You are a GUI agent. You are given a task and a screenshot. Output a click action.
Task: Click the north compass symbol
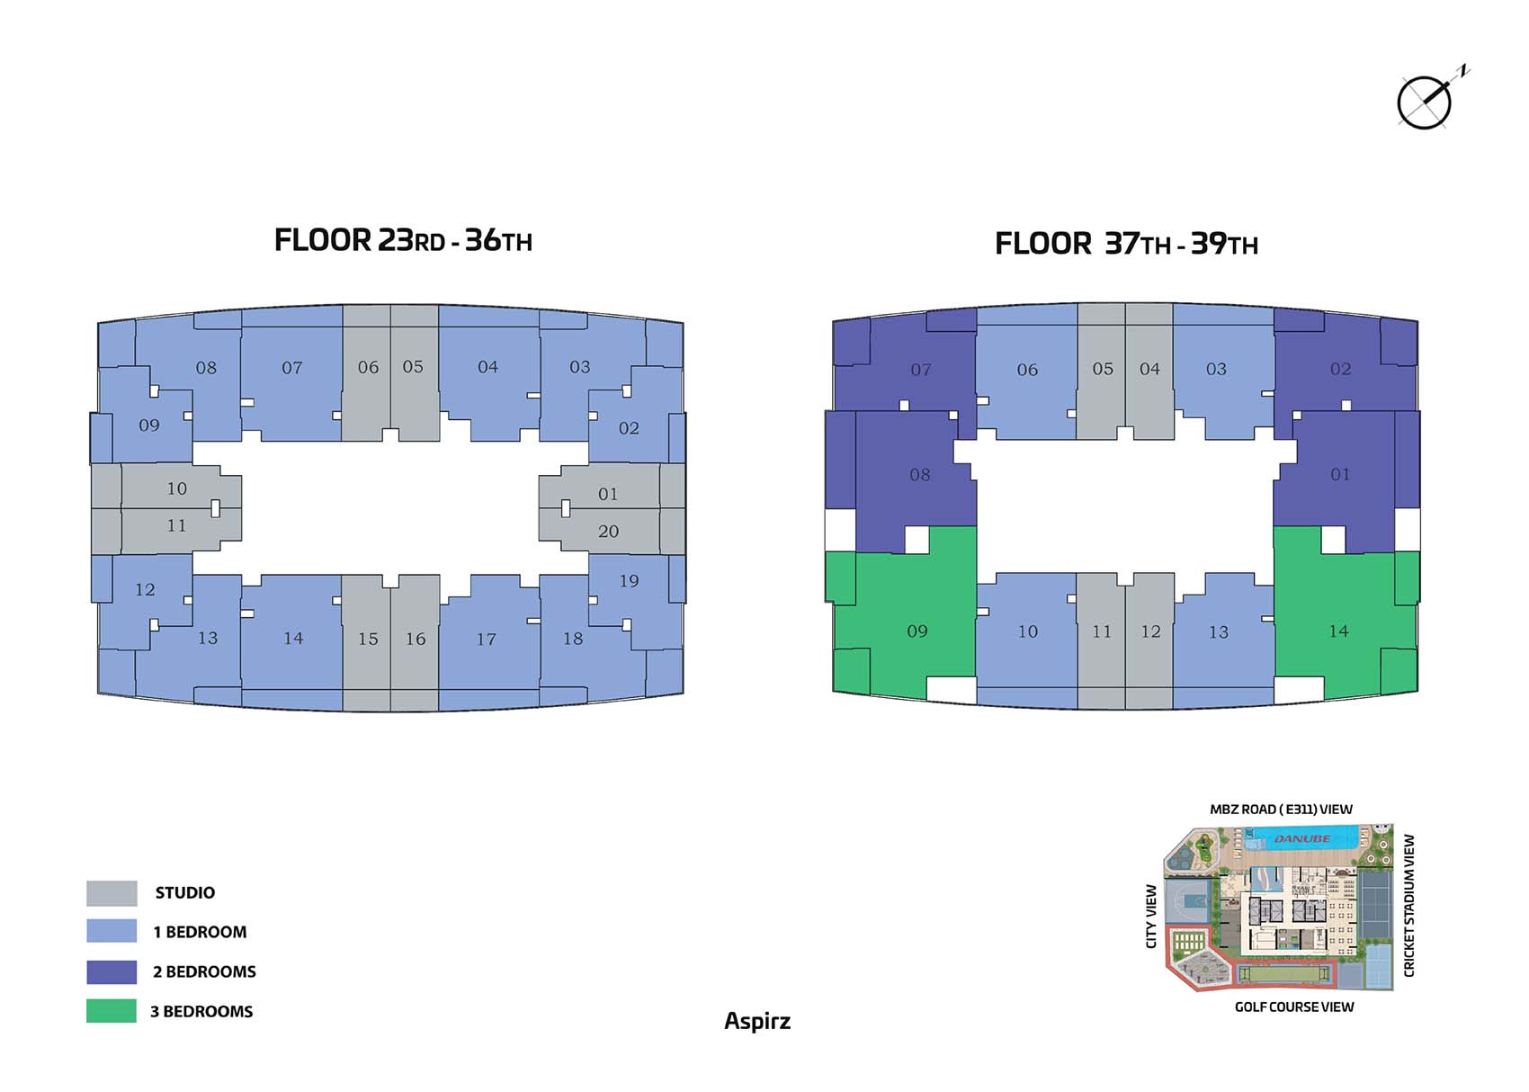click(x=1426, y=102)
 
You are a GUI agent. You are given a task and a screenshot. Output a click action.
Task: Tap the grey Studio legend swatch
click(x=112, y=893)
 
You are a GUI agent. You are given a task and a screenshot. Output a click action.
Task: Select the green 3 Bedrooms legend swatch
click(x=112, y=1011)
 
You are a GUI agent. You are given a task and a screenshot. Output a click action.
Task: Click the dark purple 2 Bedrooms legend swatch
click(x=112, y=971)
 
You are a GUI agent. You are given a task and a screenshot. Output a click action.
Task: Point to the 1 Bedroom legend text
click(x=200, y=932)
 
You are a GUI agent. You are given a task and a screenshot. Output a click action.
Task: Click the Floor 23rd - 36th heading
click(x=403, y=240)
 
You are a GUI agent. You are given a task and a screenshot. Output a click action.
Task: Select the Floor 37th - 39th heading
click(x=1126, y=244)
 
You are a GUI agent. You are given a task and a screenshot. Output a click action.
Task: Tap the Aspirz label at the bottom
click(x=757, y=1021)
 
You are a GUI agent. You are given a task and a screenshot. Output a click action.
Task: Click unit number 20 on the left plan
click(x=608, y=532)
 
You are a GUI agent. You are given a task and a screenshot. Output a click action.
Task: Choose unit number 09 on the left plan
click(x=149, y=425)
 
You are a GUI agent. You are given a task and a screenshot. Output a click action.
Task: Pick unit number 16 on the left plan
click(x=416, y=639)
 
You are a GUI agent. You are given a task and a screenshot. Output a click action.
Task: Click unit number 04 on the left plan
click(x=487, y=367)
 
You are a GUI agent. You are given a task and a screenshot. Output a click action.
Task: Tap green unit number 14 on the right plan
click(x=1338, y=631)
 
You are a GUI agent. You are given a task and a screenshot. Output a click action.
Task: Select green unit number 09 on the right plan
click(x=917, y=631)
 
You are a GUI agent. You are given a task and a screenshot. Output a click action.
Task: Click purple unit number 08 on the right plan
click(x=919, y=475)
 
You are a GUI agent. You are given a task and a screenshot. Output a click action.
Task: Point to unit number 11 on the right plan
click(x=1102, y=631)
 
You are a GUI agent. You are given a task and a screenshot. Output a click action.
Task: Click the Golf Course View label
click(x=1293, y=1007)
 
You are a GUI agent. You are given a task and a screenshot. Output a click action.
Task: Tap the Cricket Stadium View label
click(x=1409, y=905)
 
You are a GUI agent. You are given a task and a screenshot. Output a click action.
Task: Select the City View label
click(x=1151, y=916)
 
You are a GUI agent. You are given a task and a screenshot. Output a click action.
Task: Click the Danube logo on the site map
click(x=1301, y=838)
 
